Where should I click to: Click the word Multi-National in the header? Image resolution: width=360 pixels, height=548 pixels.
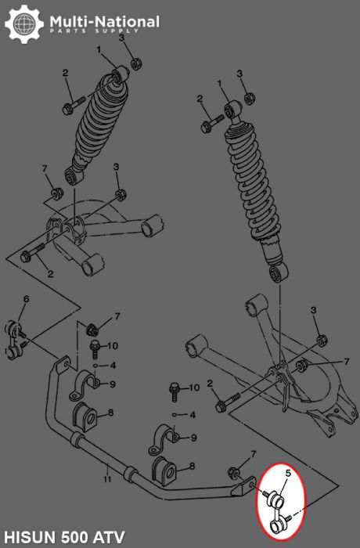103,21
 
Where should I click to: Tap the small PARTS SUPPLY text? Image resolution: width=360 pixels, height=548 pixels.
93,32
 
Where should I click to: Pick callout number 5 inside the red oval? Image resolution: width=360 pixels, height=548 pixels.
288,473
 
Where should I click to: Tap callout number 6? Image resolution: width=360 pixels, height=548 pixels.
25,300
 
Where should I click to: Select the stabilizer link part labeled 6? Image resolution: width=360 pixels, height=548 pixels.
20,337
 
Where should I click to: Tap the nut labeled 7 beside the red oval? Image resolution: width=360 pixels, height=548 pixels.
233,472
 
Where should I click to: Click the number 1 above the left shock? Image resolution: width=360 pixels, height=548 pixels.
100,50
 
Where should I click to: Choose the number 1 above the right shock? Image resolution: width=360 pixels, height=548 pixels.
220,84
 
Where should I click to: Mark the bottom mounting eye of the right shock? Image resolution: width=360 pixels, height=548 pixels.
276,273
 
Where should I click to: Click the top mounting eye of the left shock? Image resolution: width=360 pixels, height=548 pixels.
120,76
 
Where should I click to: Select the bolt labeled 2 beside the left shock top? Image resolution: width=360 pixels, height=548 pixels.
75,102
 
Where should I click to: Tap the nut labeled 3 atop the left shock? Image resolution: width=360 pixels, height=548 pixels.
134,62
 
